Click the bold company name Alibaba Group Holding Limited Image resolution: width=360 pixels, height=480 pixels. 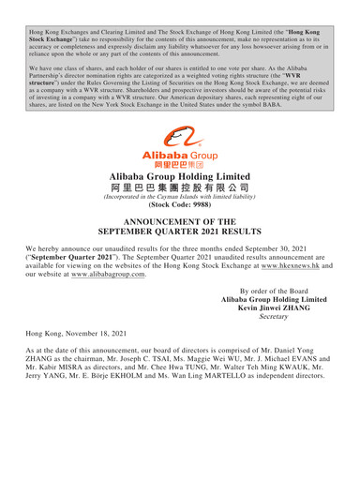tap(180, 175)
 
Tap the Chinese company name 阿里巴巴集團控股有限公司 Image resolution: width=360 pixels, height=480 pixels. tap(180, 190)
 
